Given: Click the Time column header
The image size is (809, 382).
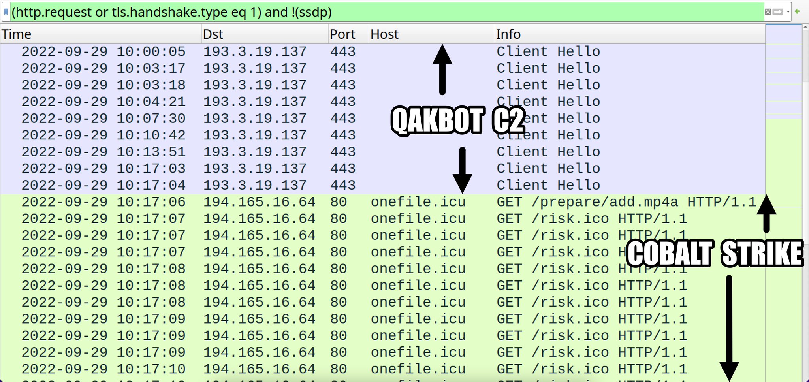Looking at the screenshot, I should tap(17, 34).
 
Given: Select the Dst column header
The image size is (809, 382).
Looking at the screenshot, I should tap(213, 34).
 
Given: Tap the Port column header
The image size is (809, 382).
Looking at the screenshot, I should tap(342, 34).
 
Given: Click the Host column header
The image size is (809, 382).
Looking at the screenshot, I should tap(384, 34).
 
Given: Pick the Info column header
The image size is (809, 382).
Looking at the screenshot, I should tap(508, 34).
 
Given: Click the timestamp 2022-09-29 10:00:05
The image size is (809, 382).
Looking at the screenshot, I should tap(103, 52).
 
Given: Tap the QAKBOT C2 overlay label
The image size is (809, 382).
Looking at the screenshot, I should tap(457, 120).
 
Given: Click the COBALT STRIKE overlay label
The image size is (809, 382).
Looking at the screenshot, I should tap(715, 253).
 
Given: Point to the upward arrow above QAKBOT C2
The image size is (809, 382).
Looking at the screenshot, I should tap(442, 69).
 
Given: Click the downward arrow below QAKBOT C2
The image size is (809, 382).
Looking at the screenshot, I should tap(462, 170).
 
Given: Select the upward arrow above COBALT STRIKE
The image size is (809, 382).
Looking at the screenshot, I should tap(766, 213).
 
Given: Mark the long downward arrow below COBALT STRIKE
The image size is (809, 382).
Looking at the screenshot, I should tap(729, 328).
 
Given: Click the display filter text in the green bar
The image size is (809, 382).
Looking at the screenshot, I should tap(171, 12).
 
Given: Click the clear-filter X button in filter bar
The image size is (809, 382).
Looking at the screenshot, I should tap(768, 12).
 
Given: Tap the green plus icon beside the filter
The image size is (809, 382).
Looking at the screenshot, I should tap(797, 11).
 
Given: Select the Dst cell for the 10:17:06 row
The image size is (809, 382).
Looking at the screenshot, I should tap(259, 202).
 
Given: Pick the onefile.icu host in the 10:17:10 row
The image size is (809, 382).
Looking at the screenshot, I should tap(418, 369).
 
